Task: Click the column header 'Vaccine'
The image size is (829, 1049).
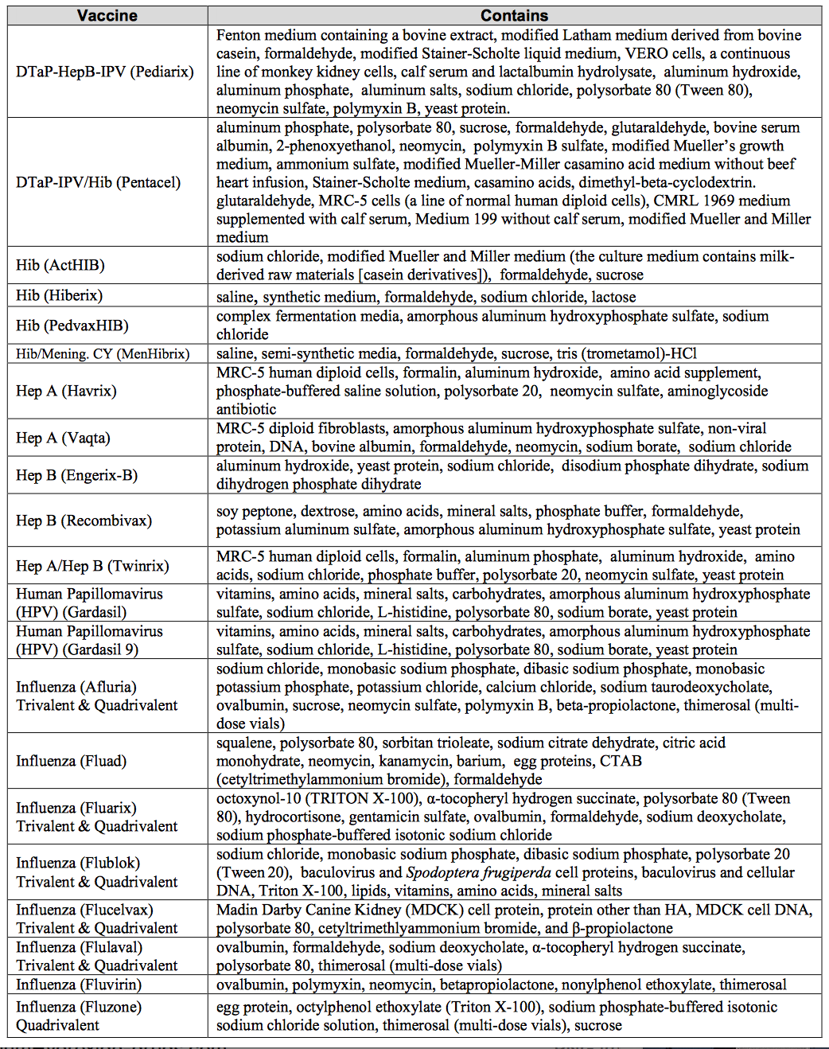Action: click(107, 15)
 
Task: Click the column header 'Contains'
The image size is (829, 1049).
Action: click(514, 15)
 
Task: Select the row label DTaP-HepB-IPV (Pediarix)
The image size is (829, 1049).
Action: click(105, 72)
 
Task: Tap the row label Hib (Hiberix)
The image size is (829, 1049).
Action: click(60, 295)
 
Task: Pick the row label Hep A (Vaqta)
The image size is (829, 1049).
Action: click(63, 438)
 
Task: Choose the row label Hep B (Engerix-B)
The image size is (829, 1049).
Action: click(76, 475)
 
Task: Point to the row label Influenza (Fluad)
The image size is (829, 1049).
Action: click(72, 761)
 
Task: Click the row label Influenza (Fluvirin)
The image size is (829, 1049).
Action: click(79, 985)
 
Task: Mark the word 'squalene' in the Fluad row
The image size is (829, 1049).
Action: click(244, 743)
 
